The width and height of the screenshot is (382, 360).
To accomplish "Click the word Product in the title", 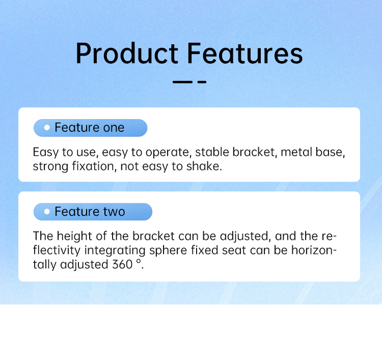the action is (x=127, y=53).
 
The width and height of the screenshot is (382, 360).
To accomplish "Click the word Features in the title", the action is (x=244, y=53).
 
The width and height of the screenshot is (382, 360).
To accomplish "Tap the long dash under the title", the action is (x=182, y=82).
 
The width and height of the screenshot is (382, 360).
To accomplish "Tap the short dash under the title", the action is (x=202, y=82).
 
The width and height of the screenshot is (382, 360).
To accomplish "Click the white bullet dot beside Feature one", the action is (x=47, y=127).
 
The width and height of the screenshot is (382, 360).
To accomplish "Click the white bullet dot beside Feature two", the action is (x=47, y=211).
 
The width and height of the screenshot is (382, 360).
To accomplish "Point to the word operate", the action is (x=167, y=153).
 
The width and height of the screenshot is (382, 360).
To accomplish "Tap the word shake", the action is (x=204, y=167).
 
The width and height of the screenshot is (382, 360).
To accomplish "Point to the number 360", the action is (x=122, y=264).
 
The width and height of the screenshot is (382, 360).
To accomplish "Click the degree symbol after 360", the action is (x=139, y=261).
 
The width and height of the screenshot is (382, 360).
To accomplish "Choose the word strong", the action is (x=50, y=167).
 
